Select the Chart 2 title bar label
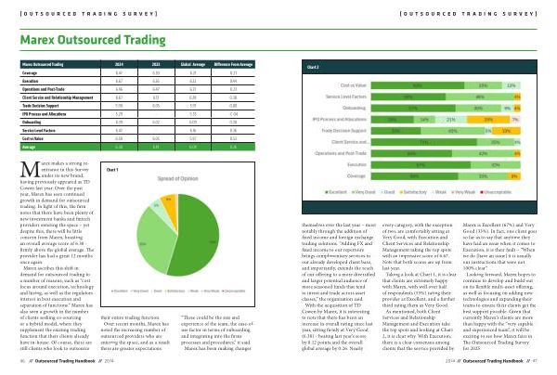pyautogui.click(x=313, y=68)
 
